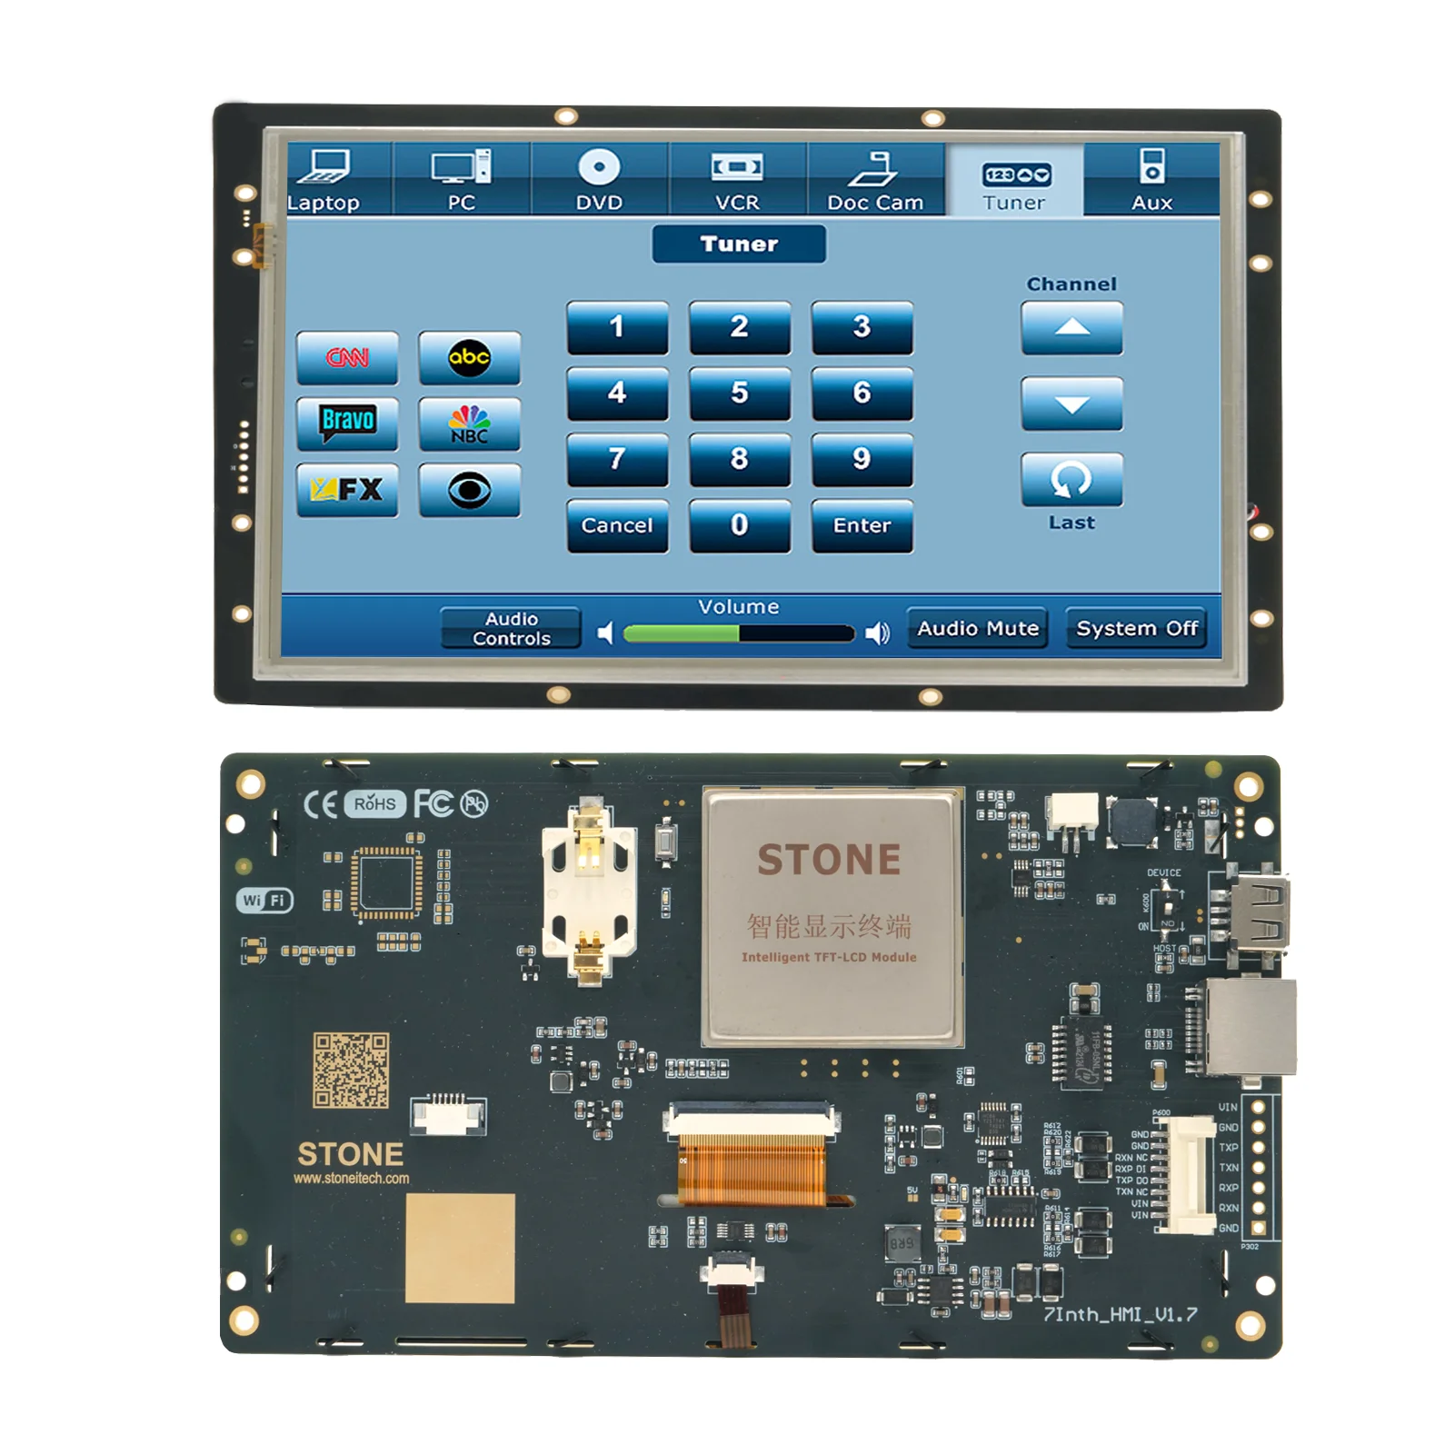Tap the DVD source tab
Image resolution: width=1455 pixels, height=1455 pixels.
[x=599, y=179]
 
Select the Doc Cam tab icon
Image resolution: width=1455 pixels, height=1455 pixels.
[x=873, y=169]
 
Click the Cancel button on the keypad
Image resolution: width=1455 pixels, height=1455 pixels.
[x=617, y=525]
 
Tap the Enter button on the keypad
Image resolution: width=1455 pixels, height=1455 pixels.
[x=862, y=525]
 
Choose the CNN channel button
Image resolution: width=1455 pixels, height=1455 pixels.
[x=347, y=358]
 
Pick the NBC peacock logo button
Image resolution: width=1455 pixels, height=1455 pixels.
[x=469, y=424]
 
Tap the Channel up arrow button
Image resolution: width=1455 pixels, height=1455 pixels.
[x=1071, y=327]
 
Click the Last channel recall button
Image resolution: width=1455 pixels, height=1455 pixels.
[x=1071, y=480]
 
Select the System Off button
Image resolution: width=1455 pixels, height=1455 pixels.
[x=1136, y=628]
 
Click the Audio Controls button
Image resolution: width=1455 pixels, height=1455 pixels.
[x=511, y=628]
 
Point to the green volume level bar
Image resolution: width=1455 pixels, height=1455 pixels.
[x=682, y=633]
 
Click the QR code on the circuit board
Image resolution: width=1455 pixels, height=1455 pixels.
[x=351, y=1070]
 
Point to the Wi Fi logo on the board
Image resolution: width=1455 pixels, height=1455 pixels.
[x=264, y=900]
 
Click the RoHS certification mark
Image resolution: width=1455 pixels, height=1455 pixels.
[x=374, y=803]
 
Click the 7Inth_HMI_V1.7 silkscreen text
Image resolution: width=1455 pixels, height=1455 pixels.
[x=1120, y=1314]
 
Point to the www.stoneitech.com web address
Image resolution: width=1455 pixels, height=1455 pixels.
[x=351, y=1179]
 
